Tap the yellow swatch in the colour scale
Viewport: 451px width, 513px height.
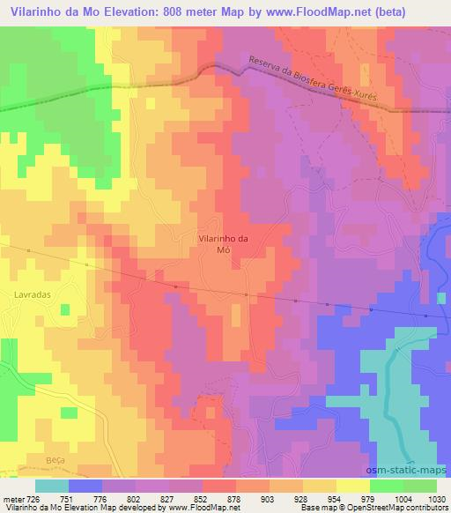tap(352, 485)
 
